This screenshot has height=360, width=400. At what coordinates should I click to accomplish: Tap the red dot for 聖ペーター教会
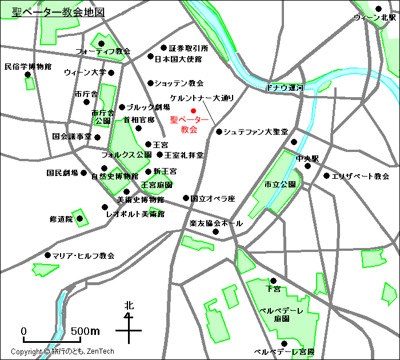[x=193, y=110]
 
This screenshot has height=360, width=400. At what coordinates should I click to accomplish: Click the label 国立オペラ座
[x=213, y=199]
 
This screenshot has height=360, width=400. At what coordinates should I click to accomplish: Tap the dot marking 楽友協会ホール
[x=216, y=231]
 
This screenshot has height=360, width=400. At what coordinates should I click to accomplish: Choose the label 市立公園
[x=280, y=185]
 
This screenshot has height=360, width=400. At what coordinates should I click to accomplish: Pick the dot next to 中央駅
[x=307, y=166]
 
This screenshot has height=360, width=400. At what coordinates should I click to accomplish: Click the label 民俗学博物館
[x=27, y=66]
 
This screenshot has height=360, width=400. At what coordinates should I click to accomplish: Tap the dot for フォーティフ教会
[x=101, y=43]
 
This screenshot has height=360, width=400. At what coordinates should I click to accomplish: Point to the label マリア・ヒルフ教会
[x=83, y=255]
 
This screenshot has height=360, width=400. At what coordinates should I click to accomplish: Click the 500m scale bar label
[x=85, y=331]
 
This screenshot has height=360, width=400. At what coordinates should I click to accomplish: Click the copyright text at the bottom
[x=62, y=351]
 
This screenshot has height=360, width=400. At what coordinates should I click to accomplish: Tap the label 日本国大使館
[x=178, y=59]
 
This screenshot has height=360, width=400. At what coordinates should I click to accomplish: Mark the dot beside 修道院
[x=80, y=218]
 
